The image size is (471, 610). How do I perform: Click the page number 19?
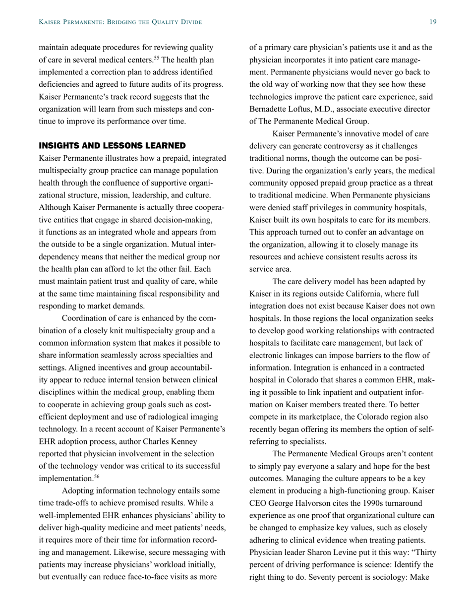point(433,22)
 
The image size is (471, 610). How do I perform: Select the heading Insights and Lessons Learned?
point(112,145)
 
